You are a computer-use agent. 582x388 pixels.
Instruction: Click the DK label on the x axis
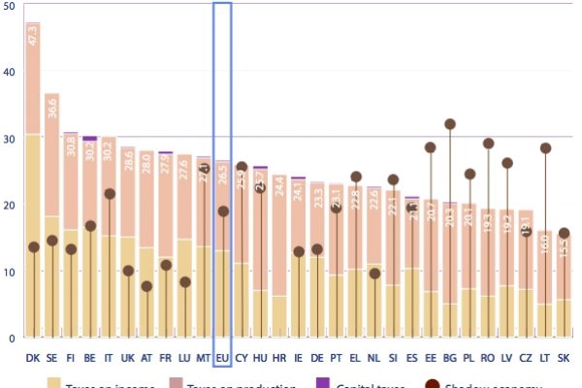(33, 358)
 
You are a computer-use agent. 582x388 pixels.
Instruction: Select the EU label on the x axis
(222, 358)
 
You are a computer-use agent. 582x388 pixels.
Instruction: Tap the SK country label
(564, 358)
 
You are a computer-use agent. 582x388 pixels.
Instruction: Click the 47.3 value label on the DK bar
(33, 36)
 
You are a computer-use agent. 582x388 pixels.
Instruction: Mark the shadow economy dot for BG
(450, 124)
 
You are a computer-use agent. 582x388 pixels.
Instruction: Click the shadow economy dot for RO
(488, 144)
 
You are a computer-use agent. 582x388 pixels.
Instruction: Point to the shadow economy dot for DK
(33, 247)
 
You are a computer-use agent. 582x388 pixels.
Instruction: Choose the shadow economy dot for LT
(545, 148)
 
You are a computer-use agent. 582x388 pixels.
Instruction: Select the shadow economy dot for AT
(146, 286)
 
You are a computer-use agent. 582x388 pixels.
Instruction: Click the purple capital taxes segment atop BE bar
(90, 138)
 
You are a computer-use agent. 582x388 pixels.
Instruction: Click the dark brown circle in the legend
(431, 385)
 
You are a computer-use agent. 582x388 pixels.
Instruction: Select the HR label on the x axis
(279, 358)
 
